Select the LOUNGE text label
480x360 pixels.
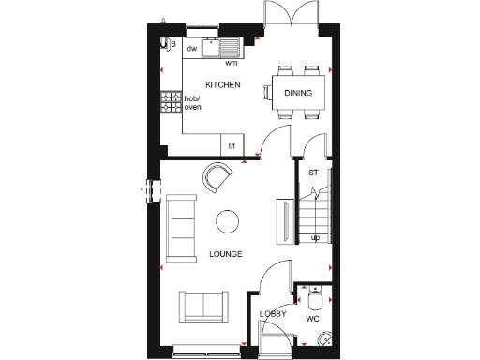tap(226, 254)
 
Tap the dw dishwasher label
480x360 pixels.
tap(191, 47)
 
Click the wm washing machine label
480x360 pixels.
tap(231, 63)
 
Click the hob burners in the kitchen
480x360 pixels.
tap(171, 101)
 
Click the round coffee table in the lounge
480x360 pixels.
tap(227, 220)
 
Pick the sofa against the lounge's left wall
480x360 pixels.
tap(180, 230)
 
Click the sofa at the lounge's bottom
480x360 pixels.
tap(202, 307)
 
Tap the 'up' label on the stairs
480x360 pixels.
tap(315, 237)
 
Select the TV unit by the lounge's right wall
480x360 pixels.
tap(280, 223)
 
